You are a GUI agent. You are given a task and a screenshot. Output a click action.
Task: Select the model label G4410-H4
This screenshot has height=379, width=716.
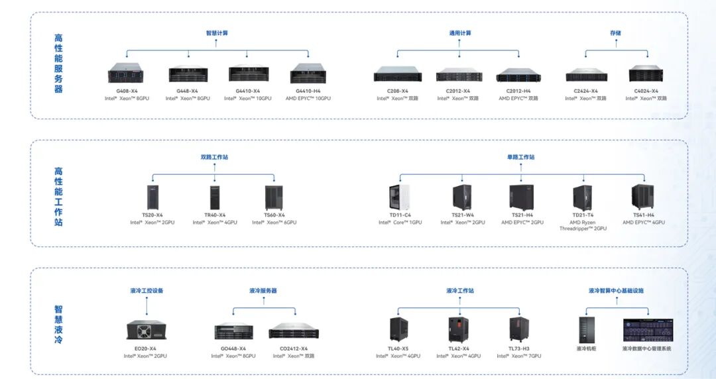click(308, 91)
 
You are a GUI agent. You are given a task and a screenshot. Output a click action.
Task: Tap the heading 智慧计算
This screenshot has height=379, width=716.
click(217, 33)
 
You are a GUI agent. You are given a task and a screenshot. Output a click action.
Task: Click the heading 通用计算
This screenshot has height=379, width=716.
click(459, 33)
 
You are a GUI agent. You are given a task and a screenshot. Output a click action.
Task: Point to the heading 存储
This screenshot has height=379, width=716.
click(615, 33)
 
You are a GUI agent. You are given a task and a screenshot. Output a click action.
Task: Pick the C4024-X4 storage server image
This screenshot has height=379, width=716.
click(646, 73)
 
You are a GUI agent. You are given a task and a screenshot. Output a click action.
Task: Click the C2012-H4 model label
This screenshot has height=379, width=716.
click(518, 91)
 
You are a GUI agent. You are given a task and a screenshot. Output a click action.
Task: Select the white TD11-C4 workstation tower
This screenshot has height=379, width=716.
click(400, 197)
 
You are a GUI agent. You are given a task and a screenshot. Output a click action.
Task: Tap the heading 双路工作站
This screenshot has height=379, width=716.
click(214, 158)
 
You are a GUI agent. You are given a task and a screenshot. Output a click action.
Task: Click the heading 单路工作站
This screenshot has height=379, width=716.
click(520, 158)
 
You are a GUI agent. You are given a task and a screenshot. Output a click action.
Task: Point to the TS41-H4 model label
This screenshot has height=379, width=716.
click(643, 215)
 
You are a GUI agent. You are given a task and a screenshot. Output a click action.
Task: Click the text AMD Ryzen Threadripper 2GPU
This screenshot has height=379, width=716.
click(583, 225)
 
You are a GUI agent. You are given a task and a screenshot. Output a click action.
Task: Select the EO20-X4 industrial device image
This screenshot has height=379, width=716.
click(145, 331)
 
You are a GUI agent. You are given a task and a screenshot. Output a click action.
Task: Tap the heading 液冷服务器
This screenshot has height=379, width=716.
click(263, 290)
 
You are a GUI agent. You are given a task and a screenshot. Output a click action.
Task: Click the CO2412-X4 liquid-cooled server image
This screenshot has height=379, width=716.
click(294, 331)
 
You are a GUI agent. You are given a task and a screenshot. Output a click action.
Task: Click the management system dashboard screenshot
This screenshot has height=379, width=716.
click(646, 329)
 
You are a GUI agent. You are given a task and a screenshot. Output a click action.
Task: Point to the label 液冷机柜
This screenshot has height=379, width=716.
click(586, 348)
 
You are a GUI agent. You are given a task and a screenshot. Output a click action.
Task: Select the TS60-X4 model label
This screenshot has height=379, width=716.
click(274, 215)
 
